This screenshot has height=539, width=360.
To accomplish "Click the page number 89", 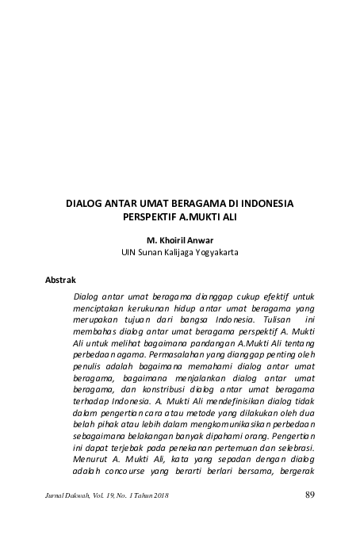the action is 310,496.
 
